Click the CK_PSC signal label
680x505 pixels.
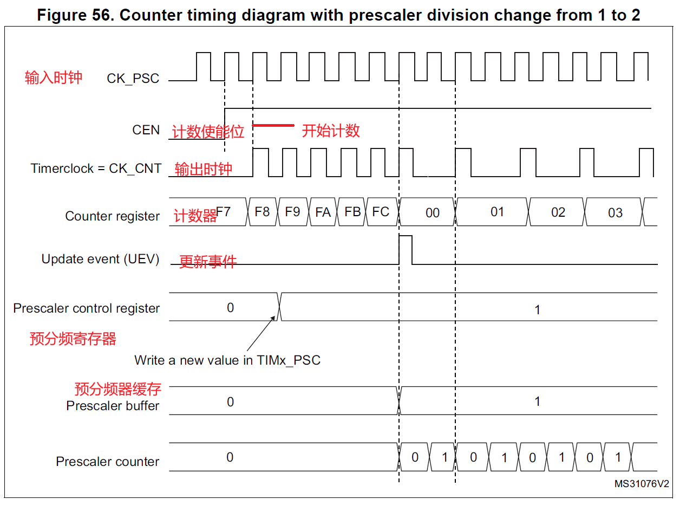point(133,79)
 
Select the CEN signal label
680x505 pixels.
point(146,130)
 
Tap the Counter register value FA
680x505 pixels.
point(323,212)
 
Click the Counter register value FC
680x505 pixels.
point(381,212)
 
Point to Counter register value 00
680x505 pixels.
point(432,213)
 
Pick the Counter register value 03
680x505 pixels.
point(615,213)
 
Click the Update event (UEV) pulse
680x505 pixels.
point(406,249)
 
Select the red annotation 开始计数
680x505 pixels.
point(331,131)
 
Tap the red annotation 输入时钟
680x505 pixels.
point(54,77)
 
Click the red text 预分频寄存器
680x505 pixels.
point(73,339)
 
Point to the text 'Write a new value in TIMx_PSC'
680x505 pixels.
point(227,360)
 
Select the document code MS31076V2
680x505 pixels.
point(642,483)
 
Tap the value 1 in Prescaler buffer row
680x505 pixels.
point(537,402)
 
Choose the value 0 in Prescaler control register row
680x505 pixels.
point(230,308)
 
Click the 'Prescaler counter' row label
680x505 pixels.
point(108,462)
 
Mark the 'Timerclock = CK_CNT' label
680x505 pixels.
point(96,169)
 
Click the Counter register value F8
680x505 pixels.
point(262,212)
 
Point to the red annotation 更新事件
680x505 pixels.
point(208,262)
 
